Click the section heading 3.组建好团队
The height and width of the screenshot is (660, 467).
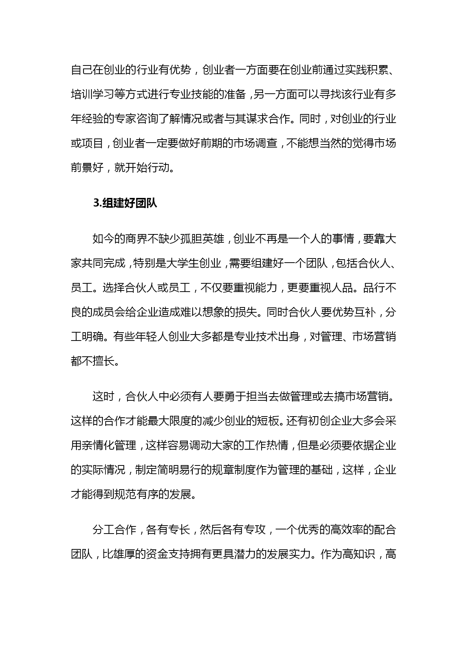tap(125, 203)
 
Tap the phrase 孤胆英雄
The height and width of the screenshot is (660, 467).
tap(201, 239)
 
